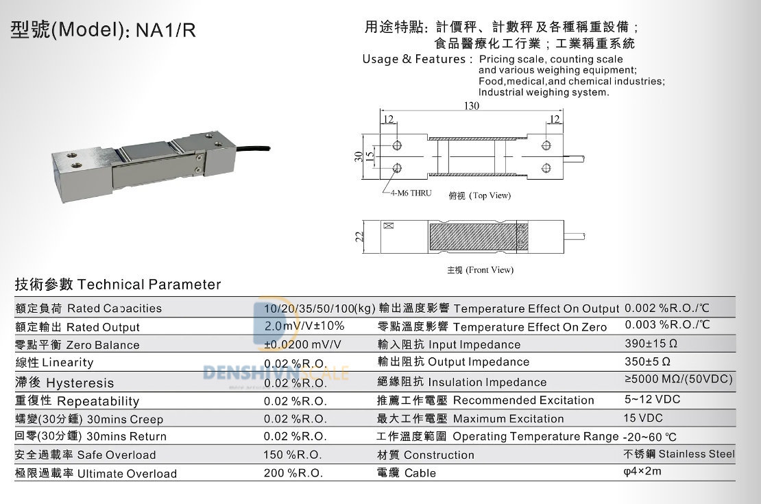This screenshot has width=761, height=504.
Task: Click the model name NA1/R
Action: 166,31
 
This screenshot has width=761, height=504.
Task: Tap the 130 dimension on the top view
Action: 471,106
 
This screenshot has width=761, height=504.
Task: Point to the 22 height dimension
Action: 358,237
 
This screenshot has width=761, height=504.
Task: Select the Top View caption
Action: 480,195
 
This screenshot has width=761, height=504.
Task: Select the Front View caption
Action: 480,270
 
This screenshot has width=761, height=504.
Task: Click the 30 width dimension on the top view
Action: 358,156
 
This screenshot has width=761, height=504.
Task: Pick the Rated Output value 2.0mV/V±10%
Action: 304,326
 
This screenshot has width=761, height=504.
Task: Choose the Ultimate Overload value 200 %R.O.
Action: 293,473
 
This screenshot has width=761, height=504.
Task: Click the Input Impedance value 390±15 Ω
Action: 651,343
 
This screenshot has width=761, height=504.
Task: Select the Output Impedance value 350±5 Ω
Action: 647,361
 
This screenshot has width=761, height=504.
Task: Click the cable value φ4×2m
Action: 642,471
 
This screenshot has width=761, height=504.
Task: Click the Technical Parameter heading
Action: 118,285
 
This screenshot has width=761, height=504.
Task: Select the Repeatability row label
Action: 77,401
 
